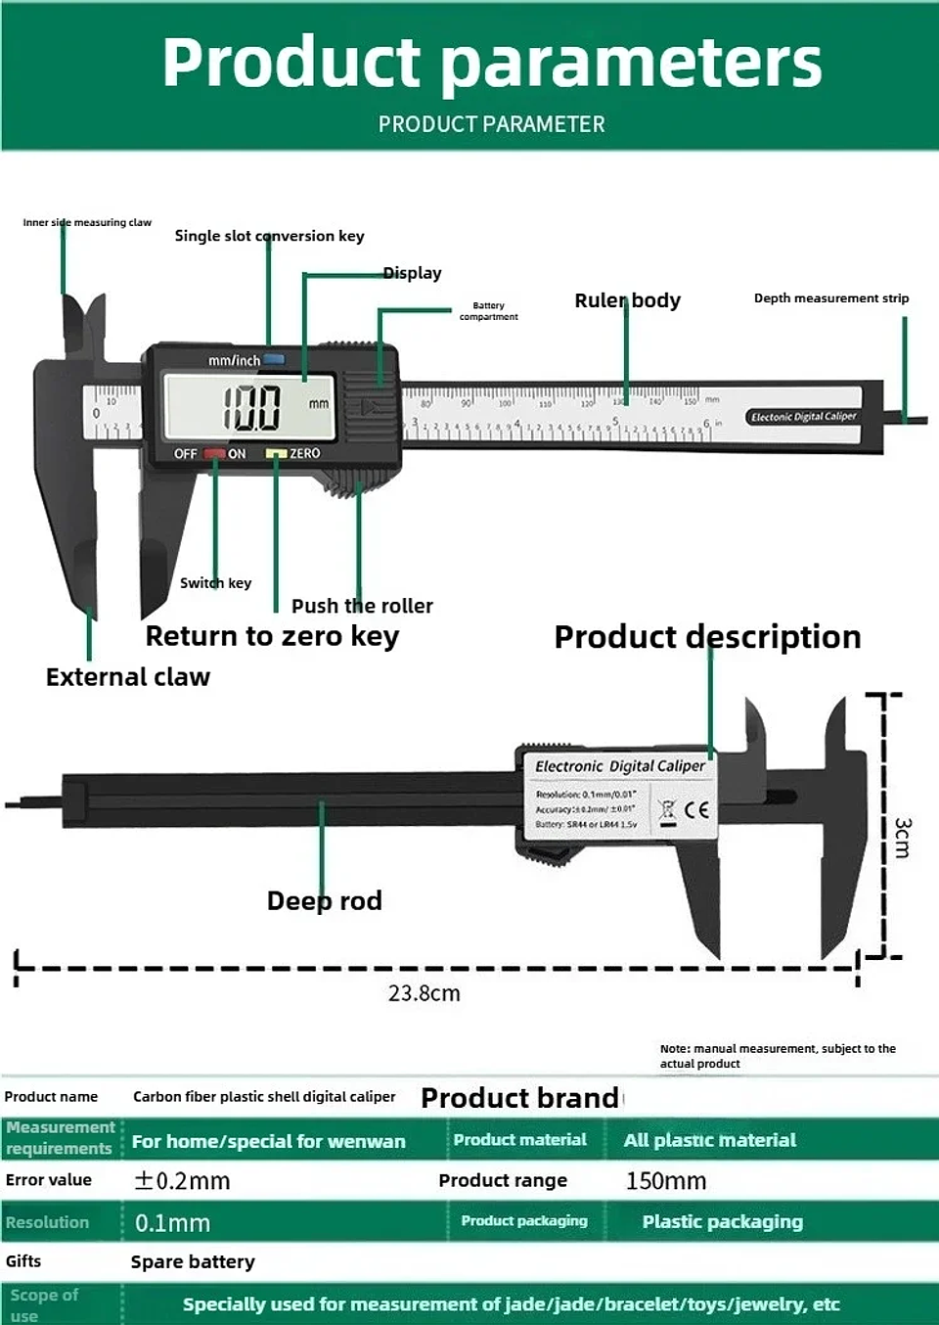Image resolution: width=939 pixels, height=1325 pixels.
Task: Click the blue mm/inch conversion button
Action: (x=274, y=359)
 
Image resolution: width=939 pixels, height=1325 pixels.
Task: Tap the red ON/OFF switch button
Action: (x=214, y=454)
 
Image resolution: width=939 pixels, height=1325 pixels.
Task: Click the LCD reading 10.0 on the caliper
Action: (x=251, y=407)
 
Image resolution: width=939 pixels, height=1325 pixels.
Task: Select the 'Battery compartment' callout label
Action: (x=488, y=311)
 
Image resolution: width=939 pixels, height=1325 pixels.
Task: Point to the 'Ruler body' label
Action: (x=627, y=300)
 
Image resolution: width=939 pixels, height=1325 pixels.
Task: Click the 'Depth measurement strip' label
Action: (x=830, y=298)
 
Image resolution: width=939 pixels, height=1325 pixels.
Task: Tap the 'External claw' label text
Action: (x=127, y=677)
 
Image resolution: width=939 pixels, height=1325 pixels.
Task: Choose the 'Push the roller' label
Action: (x=362, y=606)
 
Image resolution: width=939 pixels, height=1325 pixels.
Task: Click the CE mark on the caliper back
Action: (x=696, y=809)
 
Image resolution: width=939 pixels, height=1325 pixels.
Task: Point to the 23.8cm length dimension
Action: (x=424, y=993)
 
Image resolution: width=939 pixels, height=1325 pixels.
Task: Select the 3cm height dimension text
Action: (x=902, y=838)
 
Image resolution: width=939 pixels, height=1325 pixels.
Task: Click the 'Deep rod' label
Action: (x=324, y=900)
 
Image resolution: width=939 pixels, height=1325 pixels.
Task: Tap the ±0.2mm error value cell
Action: (x=182, y=1181)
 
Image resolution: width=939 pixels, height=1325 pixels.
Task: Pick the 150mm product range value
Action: (x=666, y=1181)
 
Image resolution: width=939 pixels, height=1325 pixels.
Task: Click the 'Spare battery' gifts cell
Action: (x=193, y=1262)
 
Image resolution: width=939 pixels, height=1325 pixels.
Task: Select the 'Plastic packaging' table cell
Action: (x=722, y=1222)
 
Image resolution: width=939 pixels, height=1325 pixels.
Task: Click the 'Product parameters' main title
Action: (x=491, y=63)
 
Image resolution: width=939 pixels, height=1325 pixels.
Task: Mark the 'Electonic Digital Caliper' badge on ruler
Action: (x=803, y=417)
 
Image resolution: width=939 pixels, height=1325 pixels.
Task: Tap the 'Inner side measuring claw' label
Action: (x=87, y=223)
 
